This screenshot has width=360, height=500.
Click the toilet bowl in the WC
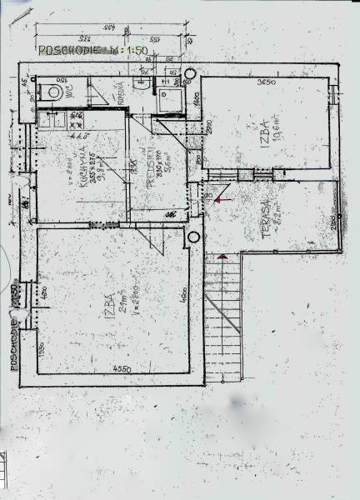[x=52, y=92]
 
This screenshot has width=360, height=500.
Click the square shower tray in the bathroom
[x=172, y=100]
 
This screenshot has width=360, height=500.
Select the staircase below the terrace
[x=222, y=317]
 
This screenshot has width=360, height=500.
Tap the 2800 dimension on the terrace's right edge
[x=332, y=223]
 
